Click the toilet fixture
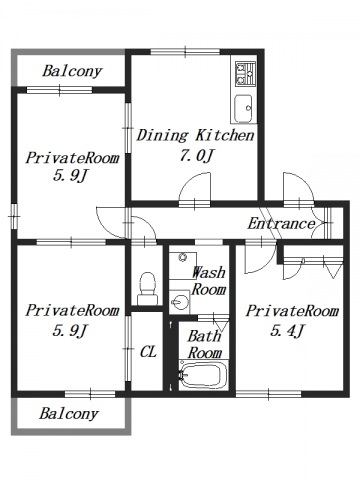(147, 289)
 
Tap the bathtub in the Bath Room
(203, 375)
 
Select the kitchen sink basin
(243, 109)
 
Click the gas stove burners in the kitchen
(245, 74)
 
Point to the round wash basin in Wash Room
(177, 302)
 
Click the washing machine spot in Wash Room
(182, 266)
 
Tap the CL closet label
(148, 351)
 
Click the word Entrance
(281, 224)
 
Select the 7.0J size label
(196, 155)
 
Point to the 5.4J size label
(287, 331)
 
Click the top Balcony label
(72, 71)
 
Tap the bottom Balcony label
(69, 414)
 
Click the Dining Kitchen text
(196, 135)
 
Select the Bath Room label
(204, 344)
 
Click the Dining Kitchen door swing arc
(195, 187)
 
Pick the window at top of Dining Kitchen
(185, 52)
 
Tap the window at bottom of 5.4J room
(269, 395)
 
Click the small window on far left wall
(14, 217)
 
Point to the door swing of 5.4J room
(260, 258)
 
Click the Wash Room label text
(209, 281)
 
